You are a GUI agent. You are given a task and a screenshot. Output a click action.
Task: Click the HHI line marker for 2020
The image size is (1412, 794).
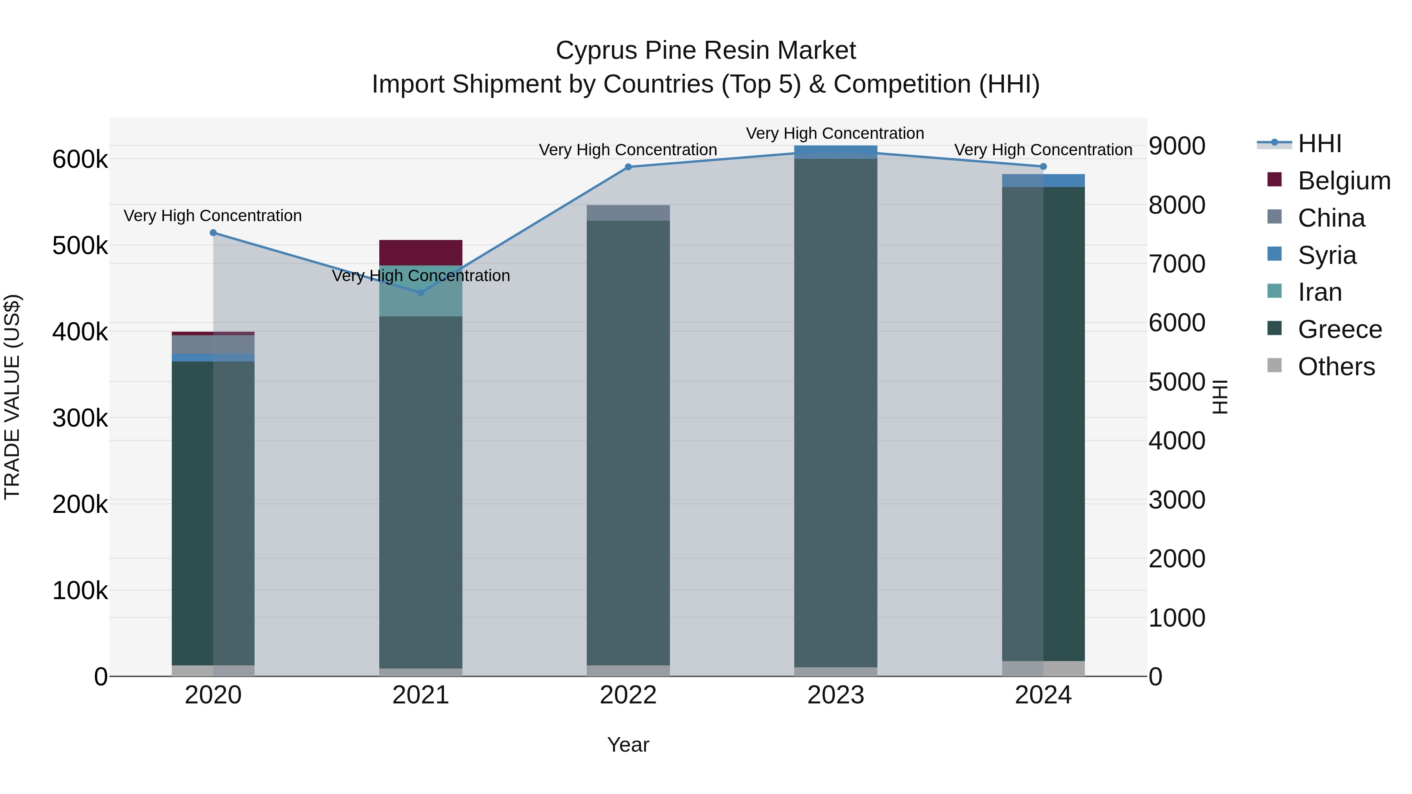click(213, 233)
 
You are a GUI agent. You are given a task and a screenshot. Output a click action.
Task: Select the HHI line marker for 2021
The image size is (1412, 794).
click(420, 293)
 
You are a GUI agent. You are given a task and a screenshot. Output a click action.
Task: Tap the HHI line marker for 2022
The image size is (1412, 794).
click(628, 167)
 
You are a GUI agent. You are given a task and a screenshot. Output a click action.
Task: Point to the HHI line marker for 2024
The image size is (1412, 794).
click(1043, 167)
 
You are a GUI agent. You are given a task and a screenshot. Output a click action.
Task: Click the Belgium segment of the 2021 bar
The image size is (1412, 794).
click(420, 253)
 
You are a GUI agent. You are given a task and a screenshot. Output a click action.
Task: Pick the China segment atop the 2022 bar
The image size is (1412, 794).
click(628, 213)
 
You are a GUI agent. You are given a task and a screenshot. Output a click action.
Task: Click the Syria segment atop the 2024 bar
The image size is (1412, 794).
click(1043, 181)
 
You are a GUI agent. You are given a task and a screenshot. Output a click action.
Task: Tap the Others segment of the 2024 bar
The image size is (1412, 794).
click(1043, 669)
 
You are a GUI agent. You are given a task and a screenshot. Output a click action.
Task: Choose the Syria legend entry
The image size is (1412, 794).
click(1326, 255)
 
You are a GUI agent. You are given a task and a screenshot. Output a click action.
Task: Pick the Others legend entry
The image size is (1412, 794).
click(1336, 367)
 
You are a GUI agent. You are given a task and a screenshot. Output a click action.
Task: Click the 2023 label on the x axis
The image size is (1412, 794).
click(835, 695)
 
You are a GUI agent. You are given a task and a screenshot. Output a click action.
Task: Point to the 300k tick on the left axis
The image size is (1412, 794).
click(80, 418)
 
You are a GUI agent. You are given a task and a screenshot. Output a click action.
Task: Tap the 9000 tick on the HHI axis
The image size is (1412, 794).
click(1177, 146)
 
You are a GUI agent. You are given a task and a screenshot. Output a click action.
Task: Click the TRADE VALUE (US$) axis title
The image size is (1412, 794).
click(13, 397)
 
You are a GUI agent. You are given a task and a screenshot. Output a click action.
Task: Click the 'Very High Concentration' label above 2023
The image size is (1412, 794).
click(835, 134)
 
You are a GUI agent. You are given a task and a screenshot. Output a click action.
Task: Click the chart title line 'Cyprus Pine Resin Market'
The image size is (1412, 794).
click(706, 51)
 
